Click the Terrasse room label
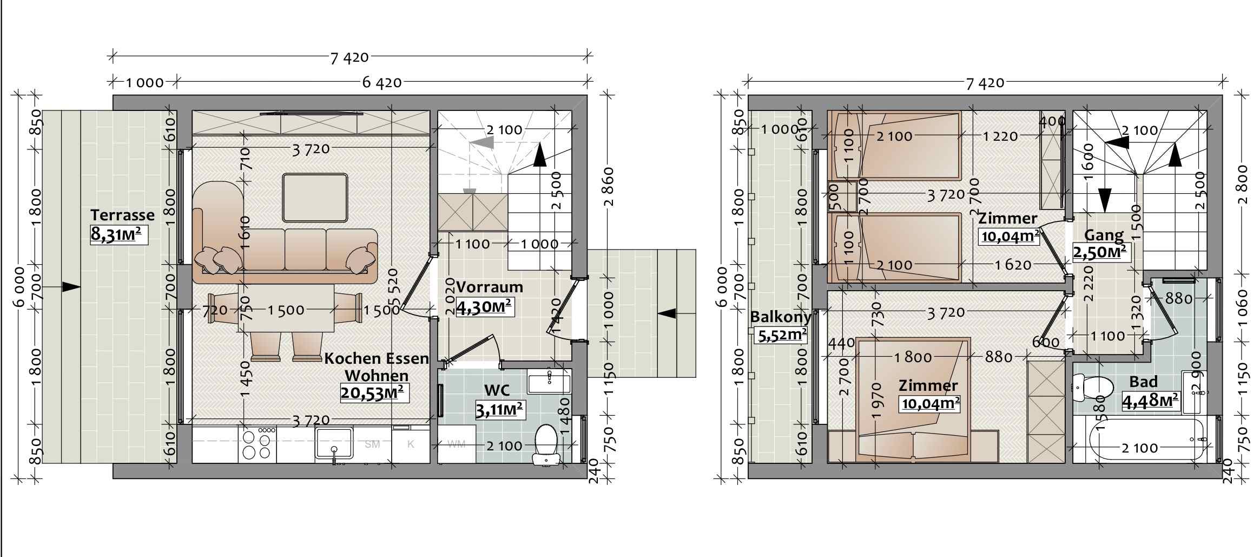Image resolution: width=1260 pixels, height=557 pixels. coord(122,215)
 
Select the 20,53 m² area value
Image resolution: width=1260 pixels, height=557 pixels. coord(374,392)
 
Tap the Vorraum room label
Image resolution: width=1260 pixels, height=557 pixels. coord(489,287)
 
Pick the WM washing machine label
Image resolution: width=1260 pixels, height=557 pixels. coord(456,444)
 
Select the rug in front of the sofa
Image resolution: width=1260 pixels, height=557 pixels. coord(314,198)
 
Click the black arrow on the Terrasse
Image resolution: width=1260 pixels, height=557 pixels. coord(71,286)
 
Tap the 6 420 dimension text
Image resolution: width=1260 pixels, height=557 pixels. coord(381,82)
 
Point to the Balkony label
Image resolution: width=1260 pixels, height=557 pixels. coord(780,317)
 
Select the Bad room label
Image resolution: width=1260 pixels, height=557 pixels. coord(1143,382)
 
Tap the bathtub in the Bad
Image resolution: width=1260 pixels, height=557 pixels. coord(1147,439)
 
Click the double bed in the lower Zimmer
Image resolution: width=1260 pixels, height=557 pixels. coord(913,399)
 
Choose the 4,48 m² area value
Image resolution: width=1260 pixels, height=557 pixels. coord(1150,401)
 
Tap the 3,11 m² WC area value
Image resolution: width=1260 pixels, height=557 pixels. coord(499,409)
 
